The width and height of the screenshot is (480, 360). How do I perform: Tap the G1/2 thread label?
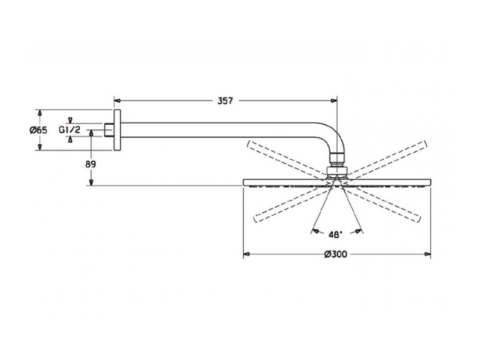click(70, 130)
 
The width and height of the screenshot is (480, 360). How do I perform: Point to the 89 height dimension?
click(91, 164)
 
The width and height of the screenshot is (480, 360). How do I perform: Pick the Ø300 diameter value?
click(336, 255)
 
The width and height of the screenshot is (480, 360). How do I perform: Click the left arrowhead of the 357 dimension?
click(118, 100)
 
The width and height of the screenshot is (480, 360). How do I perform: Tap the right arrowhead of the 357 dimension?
click(334, 100)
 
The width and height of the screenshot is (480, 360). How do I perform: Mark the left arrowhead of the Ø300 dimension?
click(246, 255)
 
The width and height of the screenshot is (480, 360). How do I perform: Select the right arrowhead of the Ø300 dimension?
click(427, 255)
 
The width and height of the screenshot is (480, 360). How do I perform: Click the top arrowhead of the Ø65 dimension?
click(40, 113)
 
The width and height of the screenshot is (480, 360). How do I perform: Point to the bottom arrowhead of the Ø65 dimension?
click(40, 148)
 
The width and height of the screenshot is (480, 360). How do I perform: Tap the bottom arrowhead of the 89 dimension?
click(91, 182)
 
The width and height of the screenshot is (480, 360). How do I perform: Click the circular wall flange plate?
click(117, 130)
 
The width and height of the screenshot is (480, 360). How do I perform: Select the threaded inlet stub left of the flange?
click(109, 130)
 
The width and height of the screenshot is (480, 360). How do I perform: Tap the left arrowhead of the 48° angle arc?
click(315, 231)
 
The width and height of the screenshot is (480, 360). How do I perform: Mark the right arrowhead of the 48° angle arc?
click(360, 231)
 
